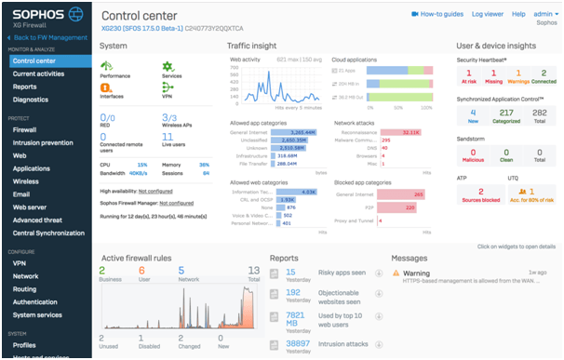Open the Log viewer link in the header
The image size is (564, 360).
pos(488,14)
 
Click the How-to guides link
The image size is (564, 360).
pos(437,14)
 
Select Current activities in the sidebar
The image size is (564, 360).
pos(38,73)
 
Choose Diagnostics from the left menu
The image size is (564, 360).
pos(31,99)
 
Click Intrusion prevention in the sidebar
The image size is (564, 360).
pos(43,142)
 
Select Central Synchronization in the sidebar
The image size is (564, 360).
pos(47,233)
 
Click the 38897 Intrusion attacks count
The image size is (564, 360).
pos(298,343)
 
